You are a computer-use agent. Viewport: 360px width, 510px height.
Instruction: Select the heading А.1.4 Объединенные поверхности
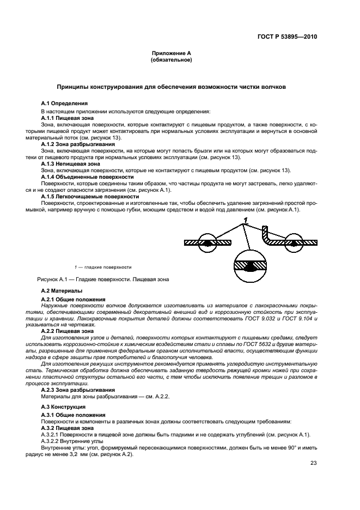[x=87, y=177]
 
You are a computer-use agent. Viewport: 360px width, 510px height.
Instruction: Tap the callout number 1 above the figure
[x=246, y=220]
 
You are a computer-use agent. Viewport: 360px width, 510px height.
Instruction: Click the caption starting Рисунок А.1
[x=103, y=280]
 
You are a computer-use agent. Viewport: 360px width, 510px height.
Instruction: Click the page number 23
[x=314, y=464]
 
